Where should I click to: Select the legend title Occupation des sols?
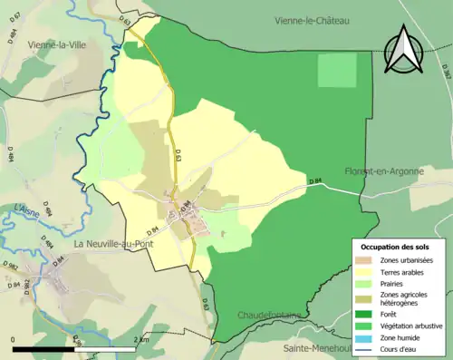click(x=395, y=247)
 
